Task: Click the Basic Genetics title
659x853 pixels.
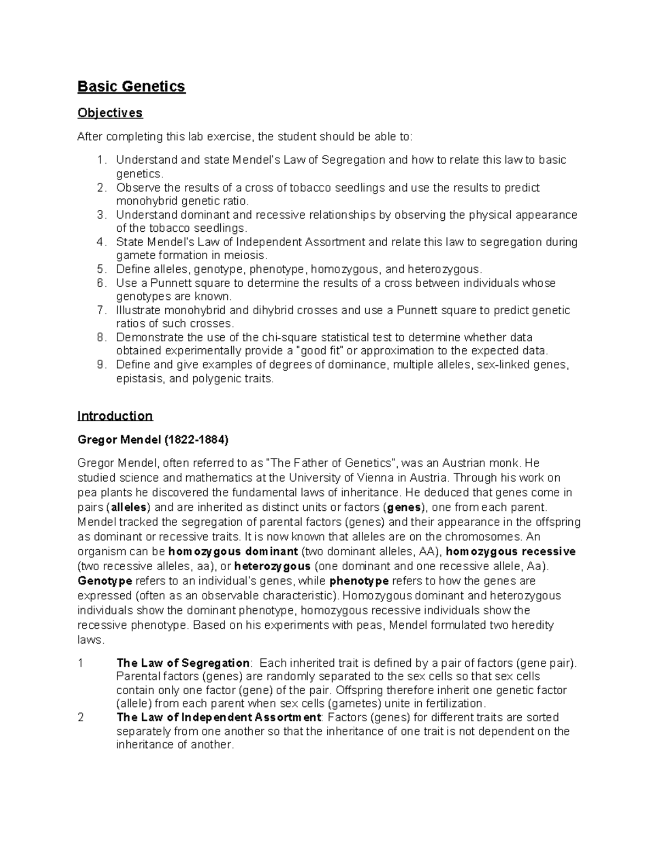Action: [131, 87]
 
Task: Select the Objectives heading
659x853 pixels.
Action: [110, 113]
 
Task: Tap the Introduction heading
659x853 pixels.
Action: [115, 416]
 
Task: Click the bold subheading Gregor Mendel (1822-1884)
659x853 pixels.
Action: [153, 440]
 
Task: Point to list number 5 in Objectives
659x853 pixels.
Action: [100, 269]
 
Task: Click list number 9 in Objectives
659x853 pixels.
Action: [100, 365]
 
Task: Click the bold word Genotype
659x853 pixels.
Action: [105, 581]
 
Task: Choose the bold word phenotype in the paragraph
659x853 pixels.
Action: [359, 581]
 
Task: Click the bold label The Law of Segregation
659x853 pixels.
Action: [183, 663]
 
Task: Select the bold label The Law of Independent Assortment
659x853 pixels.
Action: [219, 717]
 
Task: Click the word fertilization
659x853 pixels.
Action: [450, 704]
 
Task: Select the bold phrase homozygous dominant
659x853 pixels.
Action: [233, 551]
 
